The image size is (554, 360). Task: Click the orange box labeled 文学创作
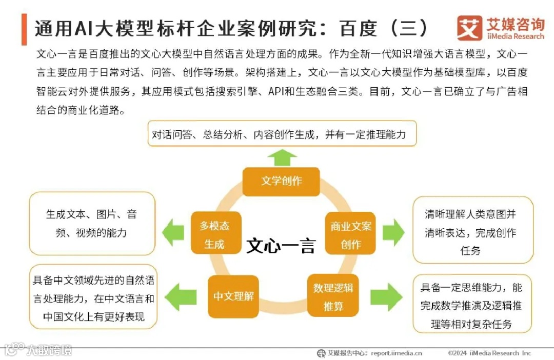click(281, 181)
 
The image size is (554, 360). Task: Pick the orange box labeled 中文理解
click(233, 296)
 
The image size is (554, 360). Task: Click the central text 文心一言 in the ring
click(281, 246)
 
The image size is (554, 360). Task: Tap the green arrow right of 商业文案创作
click(393, 232)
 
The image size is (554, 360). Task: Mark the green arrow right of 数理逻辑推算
click(386, 297)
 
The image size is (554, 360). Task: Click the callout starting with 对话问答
click(282, 134)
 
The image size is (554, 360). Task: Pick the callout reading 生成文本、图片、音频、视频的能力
click(92, 224)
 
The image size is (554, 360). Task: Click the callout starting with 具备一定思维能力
click(472, 304)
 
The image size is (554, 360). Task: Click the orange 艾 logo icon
click(469, 28)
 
